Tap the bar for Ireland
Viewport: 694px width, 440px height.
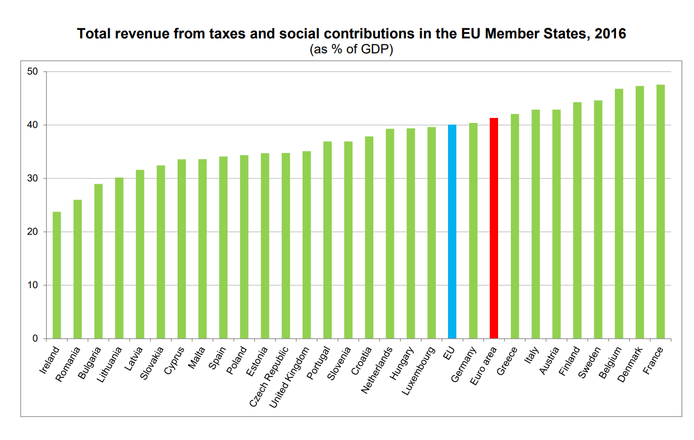pyautogui.click(x=57, y=275)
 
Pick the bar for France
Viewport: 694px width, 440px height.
pyautogui.click(x=660, y=211)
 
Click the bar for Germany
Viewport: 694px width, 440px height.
pyautogui.click(x=473, y=230)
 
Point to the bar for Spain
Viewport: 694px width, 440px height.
pyautogui.click(x=223, y=248)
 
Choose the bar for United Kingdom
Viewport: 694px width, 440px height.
pyautogui.click(x=307, y=245)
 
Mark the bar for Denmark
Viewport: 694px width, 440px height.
pyautogui.click(x=639, y=212)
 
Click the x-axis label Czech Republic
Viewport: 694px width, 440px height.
pyautogui.click(x=269, y=376)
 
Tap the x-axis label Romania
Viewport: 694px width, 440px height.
pyautogui.click(x=69, y=364)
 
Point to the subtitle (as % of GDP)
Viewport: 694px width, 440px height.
pyautogui.click(x=351, y=50)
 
